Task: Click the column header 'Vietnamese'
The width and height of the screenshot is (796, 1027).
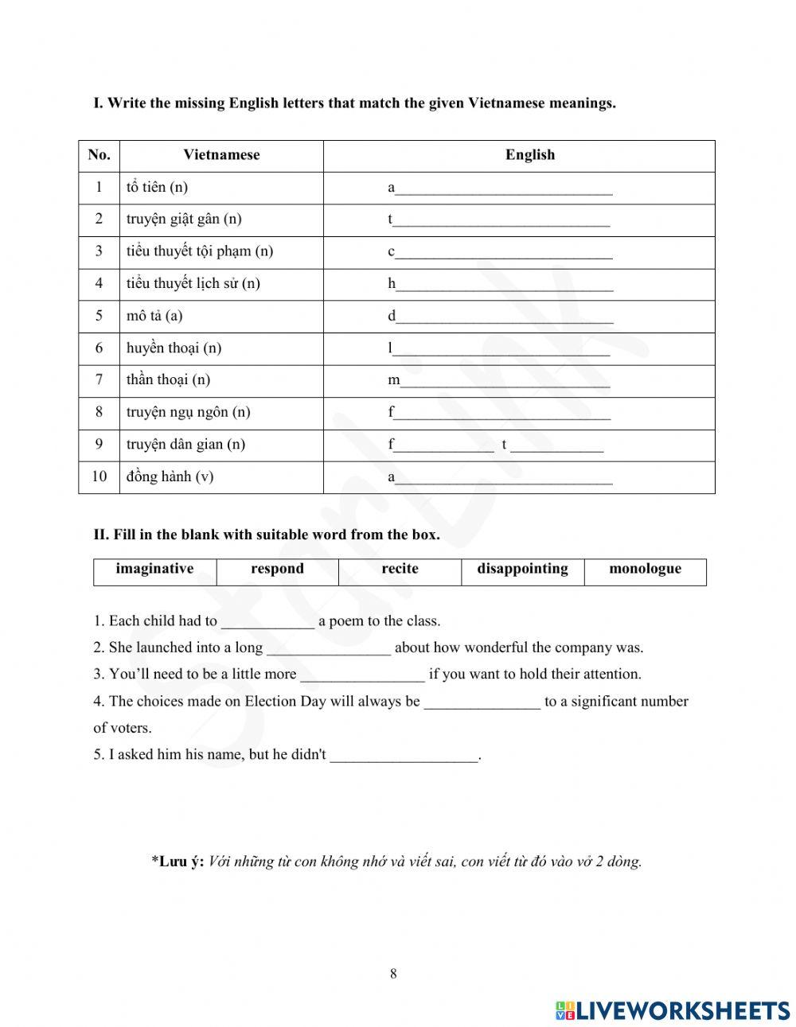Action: (221, 155)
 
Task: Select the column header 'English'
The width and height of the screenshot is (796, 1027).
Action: (529, 155)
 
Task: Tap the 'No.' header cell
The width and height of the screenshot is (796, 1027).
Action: (99, 155)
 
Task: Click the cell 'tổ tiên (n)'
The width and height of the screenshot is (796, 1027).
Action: (157, 188)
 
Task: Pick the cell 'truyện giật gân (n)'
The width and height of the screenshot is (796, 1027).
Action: (184, 220)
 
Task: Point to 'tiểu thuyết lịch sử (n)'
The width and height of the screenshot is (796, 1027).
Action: (193, 284)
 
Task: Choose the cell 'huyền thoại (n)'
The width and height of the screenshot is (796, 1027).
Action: (174, 348)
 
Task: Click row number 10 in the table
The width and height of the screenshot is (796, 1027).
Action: (99, 477)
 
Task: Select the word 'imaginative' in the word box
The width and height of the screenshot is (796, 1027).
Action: (154, 569)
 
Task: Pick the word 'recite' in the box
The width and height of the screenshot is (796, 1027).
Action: (400, 569)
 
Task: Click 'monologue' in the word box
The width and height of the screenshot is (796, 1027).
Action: (645, 569)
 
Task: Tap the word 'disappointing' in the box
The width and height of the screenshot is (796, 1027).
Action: (522, 569)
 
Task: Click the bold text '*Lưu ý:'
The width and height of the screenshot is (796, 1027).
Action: (178, 862)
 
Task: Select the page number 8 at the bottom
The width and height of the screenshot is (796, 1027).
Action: (393, 974)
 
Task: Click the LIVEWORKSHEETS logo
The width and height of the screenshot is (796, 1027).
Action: (672, 1010)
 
